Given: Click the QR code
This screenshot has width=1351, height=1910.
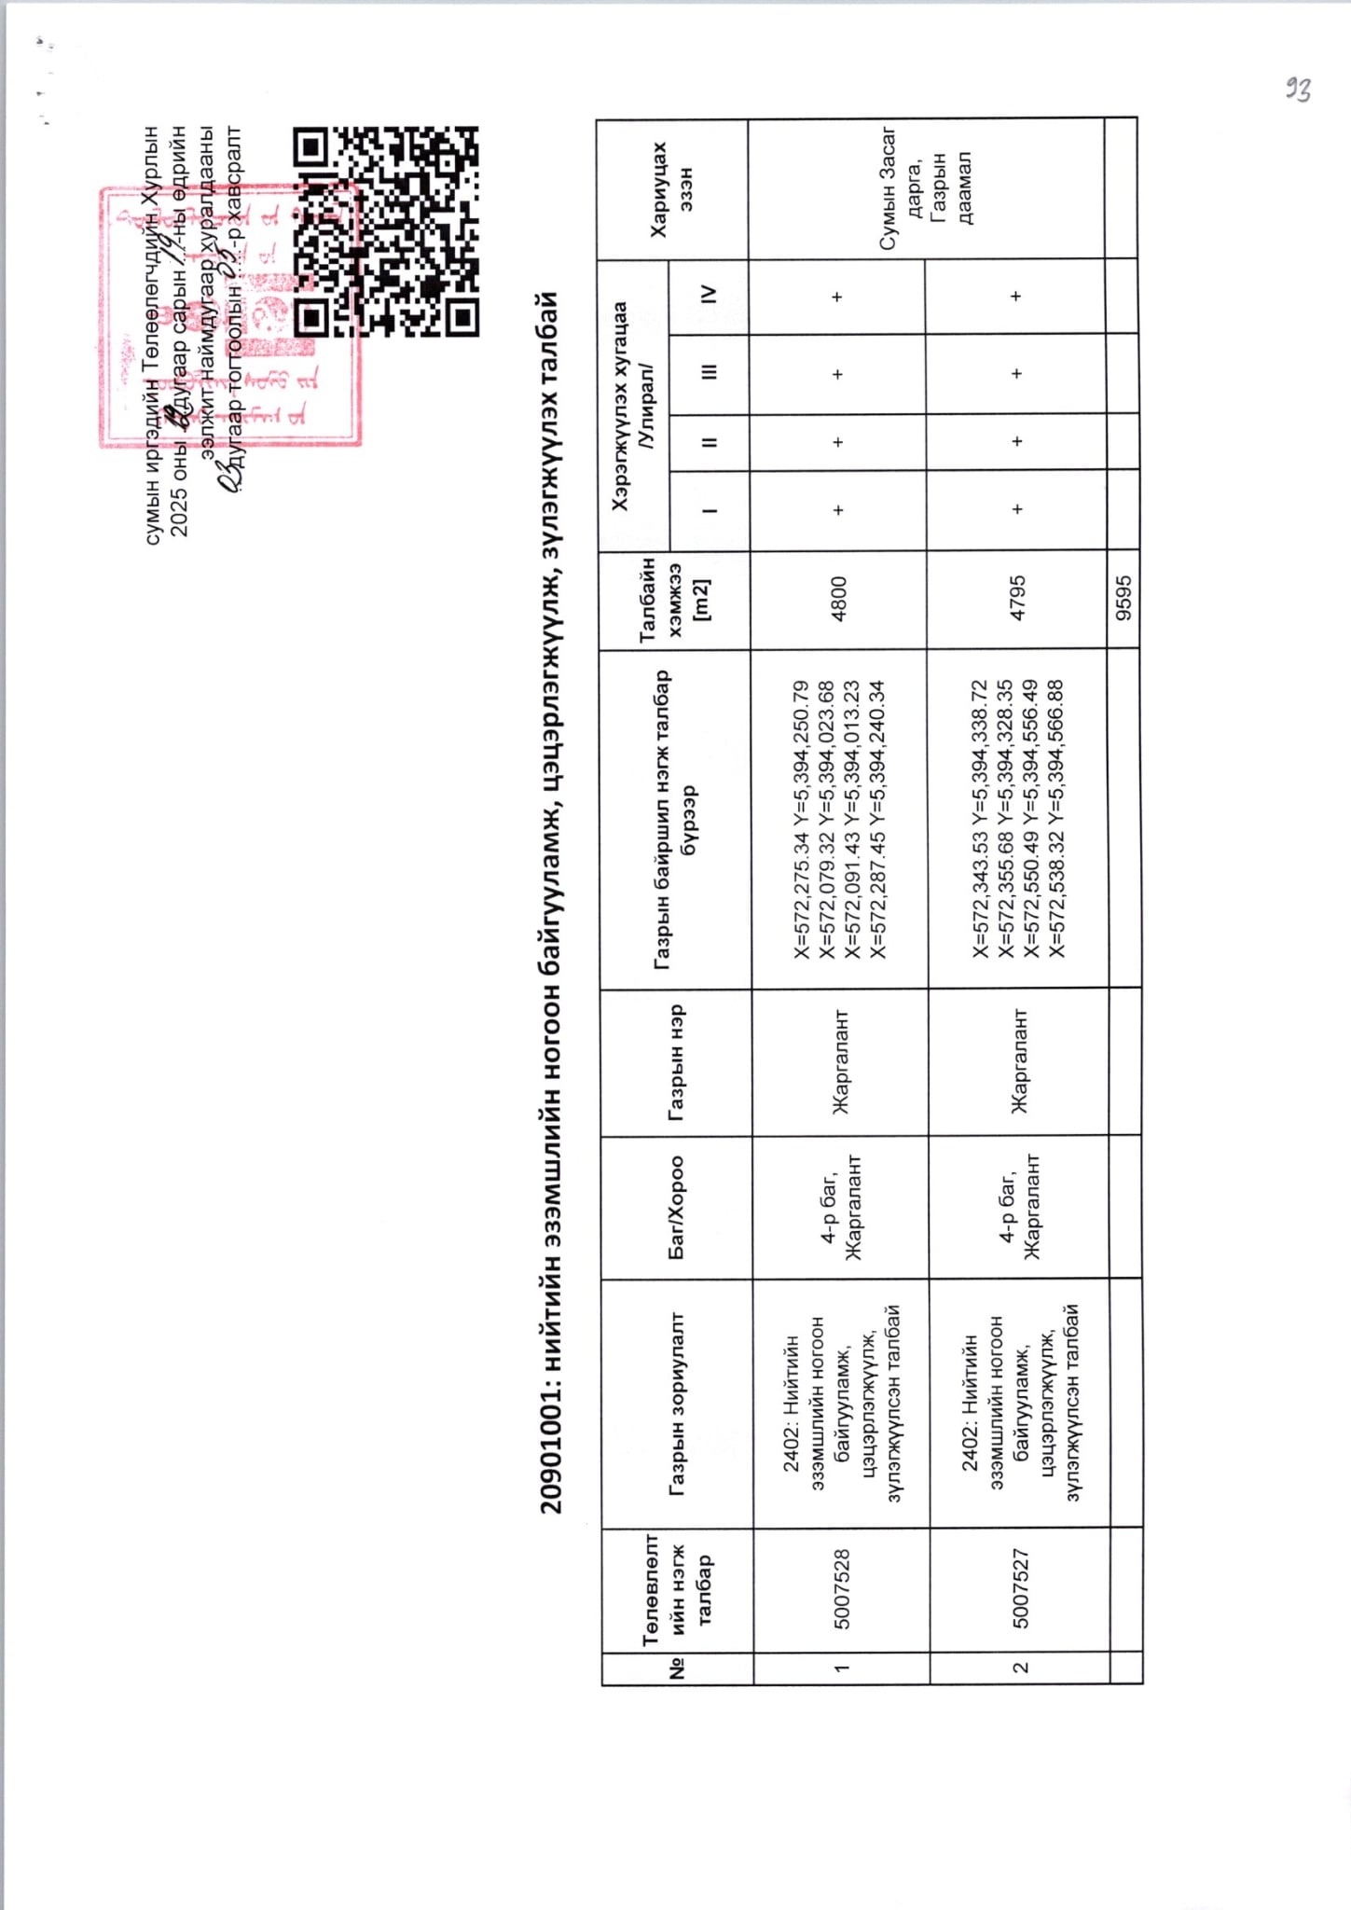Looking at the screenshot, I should coord(386,231).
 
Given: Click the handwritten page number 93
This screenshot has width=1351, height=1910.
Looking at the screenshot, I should coord(1298,90).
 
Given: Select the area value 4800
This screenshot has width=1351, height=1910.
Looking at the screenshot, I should coord(838,599).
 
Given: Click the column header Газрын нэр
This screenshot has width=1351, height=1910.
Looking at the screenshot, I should coord(677,1061).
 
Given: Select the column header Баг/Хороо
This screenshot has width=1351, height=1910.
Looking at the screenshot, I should coord(677,1208).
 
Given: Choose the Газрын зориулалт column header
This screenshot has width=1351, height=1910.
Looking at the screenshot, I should coord(678,1405).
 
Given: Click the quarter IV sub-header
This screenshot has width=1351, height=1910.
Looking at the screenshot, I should coord(710,295).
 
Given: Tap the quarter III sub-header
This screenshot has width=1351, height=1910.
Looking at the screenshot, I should coord(710,372).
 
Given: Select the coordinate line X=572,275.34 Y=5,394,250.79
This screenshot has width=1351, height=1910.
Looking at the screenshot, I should coord(800,820).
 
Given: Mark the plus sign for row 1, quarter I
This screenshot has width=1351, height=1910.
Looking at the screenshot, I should coord(838,509).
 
